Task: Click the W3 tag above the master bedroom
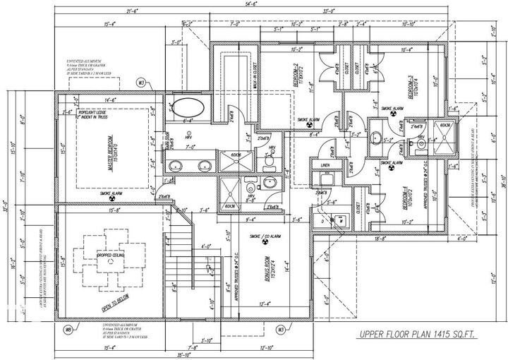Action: point(141,83)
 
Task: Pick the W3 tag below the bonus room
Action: point(280,329)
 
